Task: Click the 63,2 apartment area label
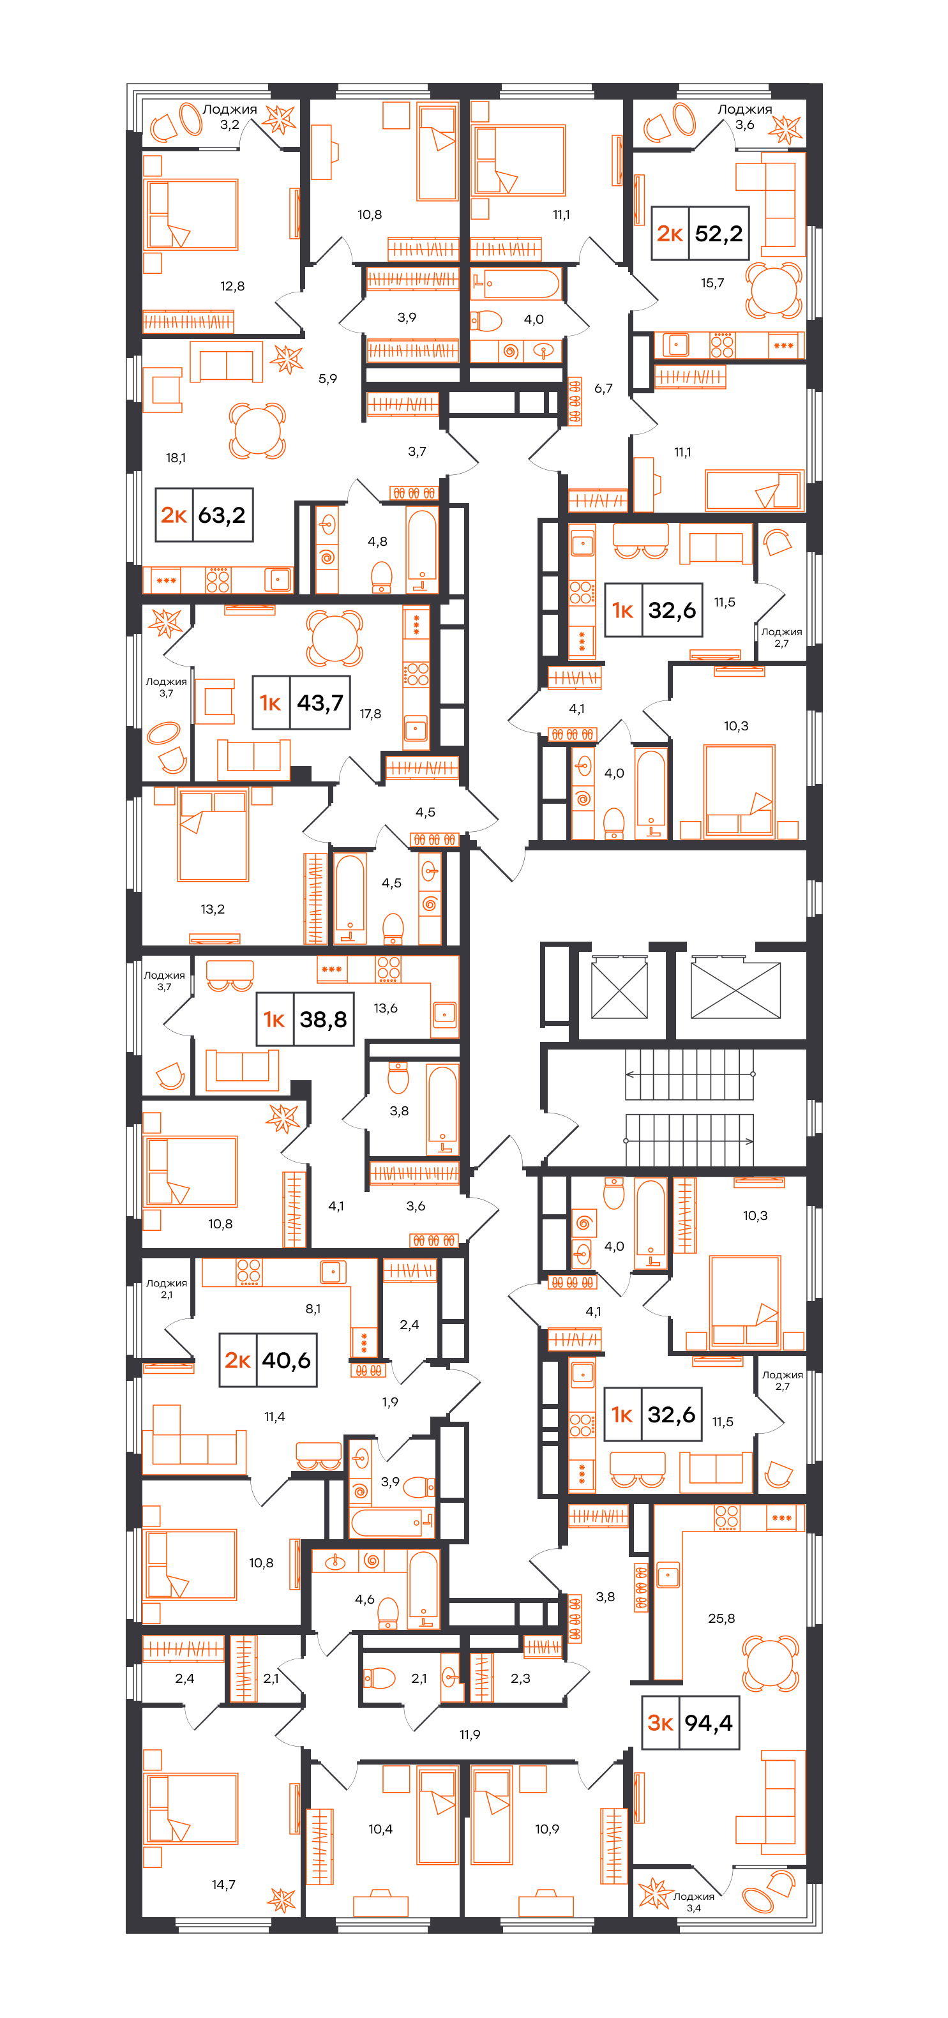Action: click(x=222, y=515)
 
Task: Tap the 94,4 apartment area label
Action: click(x=708, y=1722)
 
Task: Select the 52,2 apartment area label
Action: click(x=718, y=232)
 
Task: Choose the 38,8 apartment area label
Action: click(x=323, y=1019)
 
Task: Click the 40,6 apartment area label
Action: click(x=286, y=1360)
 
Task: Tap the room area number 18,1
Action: click(x=176, y=458)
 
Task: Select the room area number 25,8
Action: click(x=721, y=1618)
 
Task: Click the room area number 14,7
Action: click(x=223, y=1884)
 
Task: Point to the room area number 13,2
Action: click(x=213, y=908)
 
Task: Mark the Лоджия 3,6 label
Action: click(x=745, y=117)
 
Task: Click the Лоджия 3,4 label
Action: click(x=694, y=1901)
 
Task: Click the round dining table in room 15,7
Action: click(x=773, y=290)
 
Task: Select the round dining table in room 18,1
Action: click(x=257, y=430)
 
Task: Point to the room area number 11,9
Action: click(x=470, y=1735)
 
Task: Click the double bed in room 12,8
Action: click(x=191, y=214)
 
